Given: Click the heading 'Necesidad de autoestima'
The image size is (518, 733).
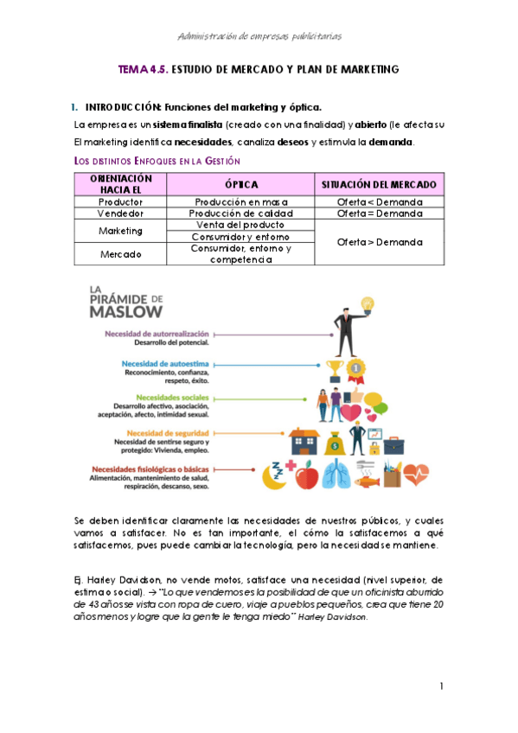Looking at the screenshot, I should (159, 365).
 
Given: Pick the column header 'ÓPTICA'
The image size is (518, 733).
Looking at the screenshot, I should (240, 184).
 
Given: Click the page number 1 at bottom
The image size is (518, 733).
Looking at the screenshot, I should (440, 686).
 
